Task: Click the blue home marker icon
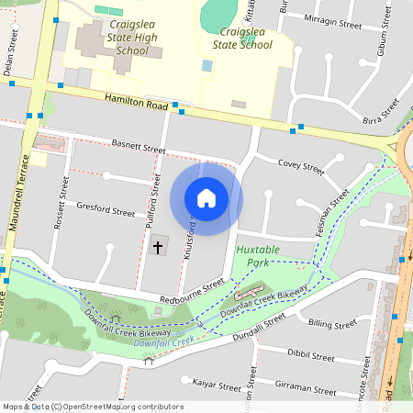click(x=206, y=197)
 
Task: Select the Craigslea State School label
click(x=242, y=38)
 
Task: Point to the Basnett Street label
click(x=138, y=146)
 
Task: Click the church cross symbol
click(x=157, y=247)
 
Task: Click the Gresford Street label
click(x=106, y=209)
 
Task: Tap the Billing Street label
click(x=332, y=324)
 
